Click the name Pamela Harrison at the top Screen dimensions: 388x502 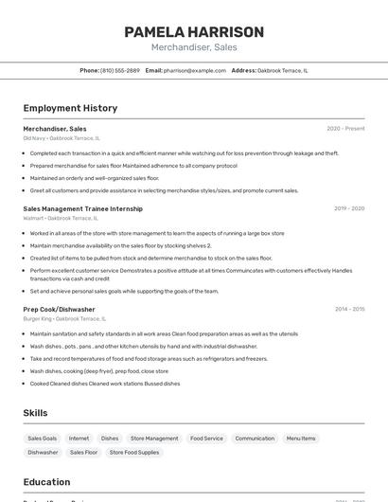(194, 32)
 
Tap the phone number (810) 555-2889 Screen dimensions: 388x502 (120, 70)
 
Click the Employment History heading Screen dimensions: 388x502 (70, 108)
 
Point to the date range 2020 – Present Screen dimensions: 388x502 (345, 129)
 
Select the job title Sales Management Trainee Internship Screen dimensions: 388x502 (83, 208)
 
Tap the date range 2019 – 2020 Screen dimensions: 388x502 (349, 208)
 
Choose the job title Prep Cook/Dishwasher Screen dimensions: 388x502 (60, 309)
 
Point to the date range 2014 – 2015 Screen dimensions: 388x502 (349, 309)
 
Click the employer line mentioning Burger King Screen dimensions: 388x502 (64, 318)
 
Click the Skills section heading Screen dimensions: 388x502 (36, 413)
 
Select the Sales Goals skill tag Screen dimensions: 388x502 (43, 439)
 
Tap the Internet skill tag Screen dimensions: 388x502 (79, 439)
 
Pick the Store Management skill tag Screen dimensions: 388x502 (154, 439)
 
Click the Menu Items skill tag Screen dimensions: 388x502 (301, 439)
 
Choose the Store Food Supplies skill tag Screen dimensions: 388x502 (135, 453)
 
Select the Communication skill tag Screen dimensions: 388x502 (255, 439)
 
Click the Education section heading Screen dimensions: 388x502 (47, 482)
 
